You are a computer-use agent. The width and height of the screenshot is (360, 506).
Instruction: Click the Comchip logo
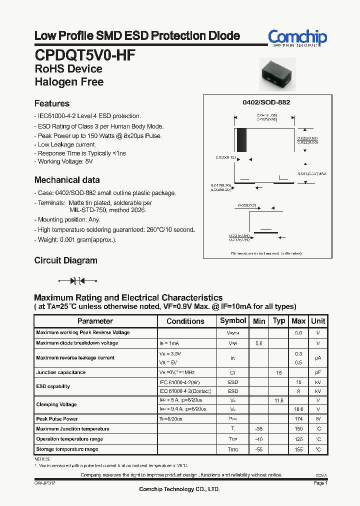pos(297,37)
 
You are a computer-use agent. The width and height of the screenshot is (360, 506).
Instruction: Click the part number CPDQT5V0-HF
pos(85,54)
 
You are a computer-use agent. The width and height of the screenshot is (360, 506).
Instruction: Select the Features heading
pos(52,103)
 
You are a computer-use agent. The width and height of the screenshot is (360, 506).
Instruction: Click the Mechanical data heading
pos(67,180)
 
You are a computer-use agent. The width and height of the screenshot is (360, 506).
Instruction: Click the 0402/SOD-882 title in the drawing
pos(266,102)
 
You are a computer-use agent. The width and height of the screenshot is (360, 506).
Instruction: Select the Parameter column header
pos(95,321)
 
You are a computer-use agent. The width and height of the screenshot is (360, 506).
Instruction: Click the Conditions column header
pos(185,321)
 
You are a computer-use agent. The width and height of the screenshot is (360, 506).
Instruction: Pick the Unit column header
pos(317,321)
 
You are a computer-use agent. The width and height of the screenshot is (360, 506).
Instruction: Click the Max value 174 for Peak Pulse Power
pos(298,419)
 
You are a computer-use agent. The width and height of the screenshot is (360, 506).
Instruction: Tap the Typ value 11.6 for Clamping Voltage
pos(279,400)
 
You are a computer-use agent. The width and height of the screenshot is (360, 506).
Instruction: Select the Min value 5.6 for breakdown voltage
pos(259,343)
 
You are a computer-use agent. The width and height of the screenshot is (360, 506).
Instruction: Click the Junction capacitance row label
pos(61,372)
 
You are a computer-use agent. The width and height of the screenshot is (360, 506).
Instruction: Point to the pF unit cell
pos(317,372)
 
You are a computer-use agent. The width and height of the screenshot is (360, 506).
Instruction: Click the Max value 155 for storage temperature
pos(298,449)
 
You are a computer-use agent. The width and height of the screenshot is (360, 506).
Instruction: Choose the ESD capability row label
pos(53,386)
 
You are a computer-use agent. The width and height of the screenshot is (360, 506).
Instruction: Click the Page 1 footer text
pos(320,483)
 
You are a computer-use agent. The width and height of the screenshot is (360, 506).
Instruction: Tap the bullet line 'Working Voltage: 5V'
pos(65,161)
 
